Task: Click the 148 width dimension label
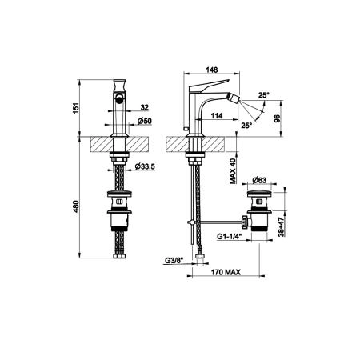pyautogui.click(x=212, y=70)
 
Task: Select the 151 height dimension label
pyautogui.click(x=76, y=108)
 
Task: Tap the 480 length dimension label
pyautogui.click(x=76, y=206)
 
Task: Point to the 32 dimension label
pyautogui.click(x=144, y=107)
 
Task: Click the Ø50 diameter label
pyautogui.click(x=145, y=121)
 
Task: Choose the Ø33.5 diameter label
pyautogui.click(x=145, y=166)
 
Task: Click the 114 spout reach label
pyautogui.click(x=217, y=116)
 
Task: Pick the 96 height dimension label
pyautogui.click(x=278, y=118)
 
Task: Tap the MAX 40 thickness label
pyautogui.click(x=233, y=171)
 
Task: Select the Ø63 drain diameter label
pyautogui.click(x=259, y=180)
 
